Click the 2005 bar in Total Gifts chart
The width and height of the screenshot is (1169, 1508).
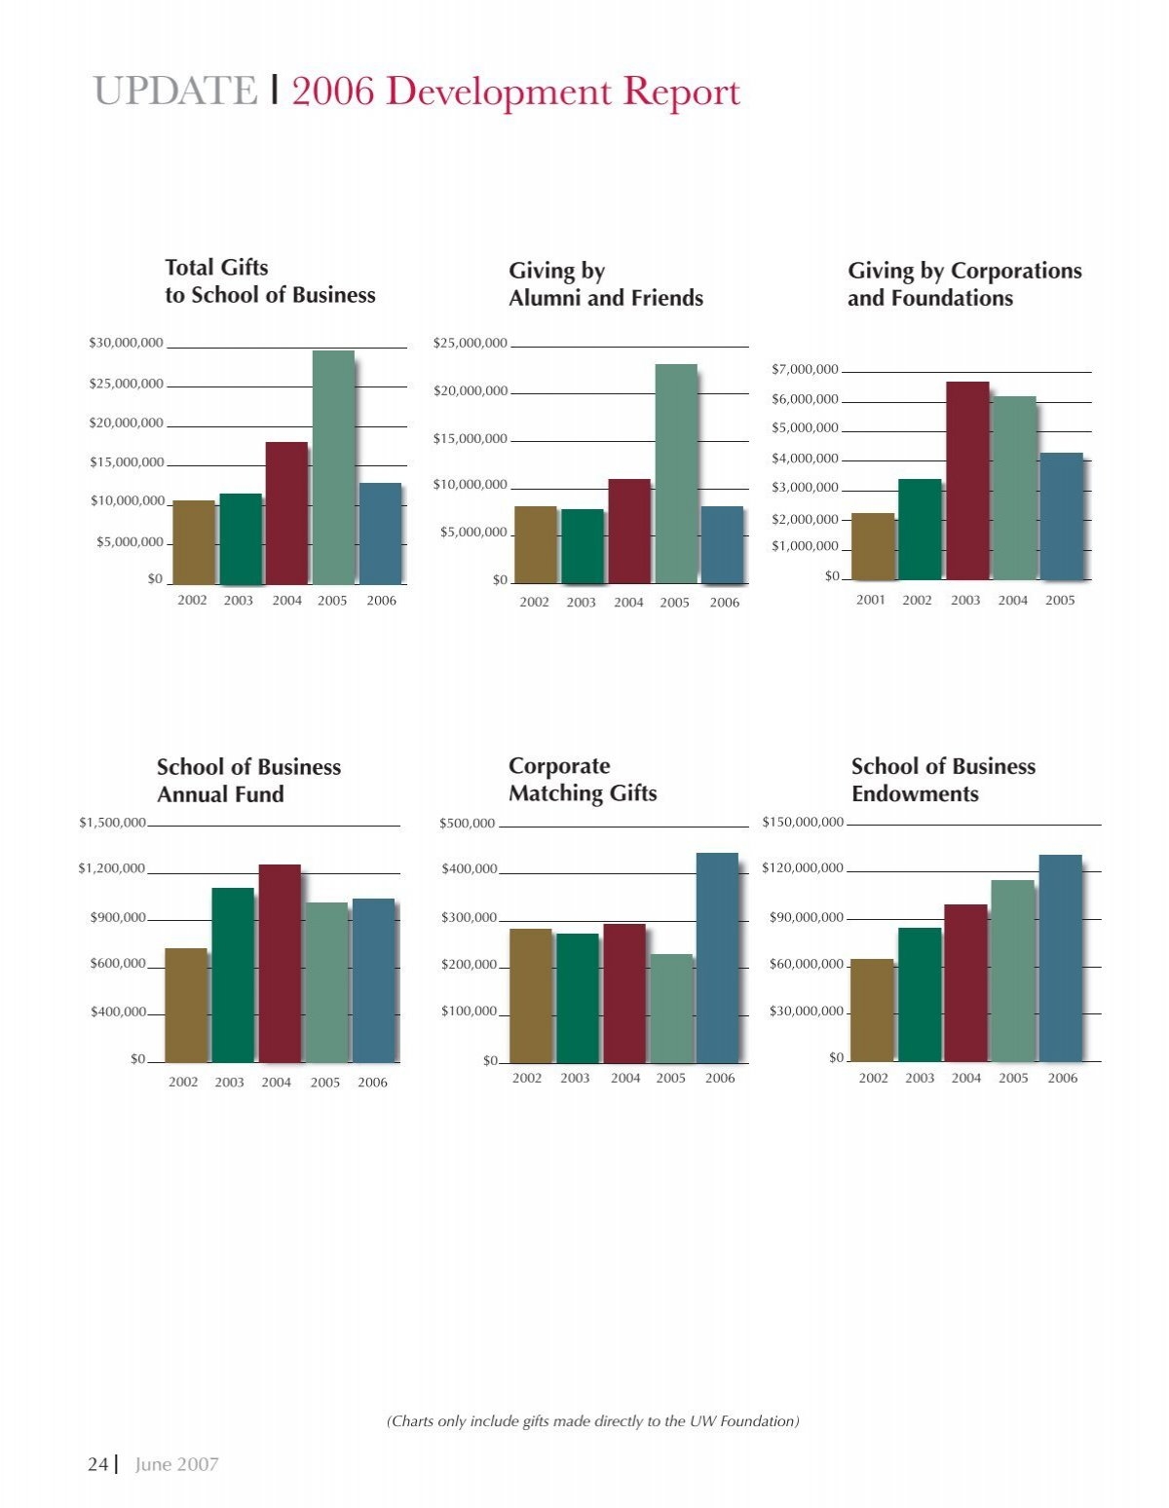pyautogui.click(x=333, y=466)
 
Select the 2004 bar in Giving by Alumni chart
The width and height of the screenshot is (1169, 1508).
pyautogui.click(x=629, y=531)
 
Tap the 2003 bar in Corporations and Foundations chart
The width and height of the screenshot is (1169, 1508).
pyautogui.click(x=967, y=480)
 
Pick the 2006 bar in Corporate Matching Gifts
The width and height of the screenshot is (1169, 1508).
pyautogui.click(x=717, y=958)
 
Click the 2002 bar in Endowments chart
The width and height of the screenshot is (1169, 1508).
pyautogui.click(x=872, y=1011)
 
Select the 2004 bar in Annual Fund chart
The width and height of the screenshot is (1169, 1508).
pyautogui.click(x=280, y=963)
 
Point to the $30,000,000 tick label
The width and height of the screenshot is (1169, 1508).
pyautogui.click(x=127, y=343)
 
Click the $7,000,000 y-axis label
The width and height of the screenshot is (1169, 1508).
pyautogui.click(x=806, y=370)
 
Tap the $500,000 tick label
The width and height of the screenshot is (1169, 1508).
pyautogui.click(x=468, y=824)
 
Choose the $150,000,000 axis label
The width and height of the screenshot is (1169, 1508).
pyautogui.click(x=803, y=823)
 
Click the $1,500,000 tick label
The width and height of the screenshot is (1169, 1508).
pyautogui.click(x=112, y=823)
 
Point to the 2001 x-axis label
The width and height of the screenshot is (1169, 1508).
pyautogui.click(x=871, y=600)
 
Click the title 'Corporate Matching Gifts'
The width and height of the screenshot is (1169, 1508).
pyautogui.click(x=583, y=780)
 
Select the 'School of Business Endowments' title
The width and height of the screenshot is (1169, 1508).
pyautogui.click(x=943, y=780)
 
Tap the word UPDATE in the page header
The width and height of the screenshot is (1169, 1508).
pyautogui.click(x=175, y=91)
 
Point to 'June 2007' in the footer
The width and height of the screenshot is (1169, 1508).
pyautogui.click(x=177, y=1464)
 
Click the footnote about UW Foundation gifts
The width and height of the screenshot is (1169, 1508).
pyautogui.click(x=593, y=1420)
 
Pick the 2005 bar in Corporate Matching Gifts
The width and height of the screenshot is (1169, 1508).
pyautogui.click(x=672, y=1009)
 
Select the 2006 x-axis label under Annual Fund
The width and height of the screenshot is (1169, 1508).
pyautogui.click(x=372, y=1082)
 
